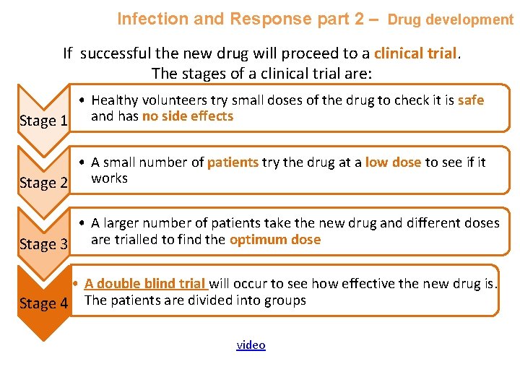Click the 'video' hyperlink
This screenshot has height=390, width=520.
pos(251,345)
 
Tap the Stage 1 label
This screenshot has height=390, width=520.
pos(43,121)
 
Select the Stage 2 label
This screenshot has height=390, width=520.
pos(43,183)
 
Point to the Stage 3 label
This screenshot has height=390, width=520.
pos(43,244)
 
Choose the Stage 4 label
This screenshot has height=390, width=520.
pos(43,303)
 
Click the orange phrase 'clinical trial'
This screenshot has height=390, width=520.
pos(415,53)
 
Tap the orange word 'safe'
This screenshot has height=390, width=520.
pos(470,100)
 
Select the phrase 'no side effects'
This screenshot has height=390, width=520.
pos(188,116)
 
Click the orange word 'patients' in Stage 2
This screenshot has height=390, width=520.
pos(233,162)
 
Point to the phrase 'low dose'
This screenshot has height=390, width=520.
pos(393,162)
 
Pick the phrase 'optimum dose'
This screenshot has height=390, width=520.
pos(274,240)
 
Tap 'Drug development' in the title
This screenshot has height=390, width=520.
pos(450,19)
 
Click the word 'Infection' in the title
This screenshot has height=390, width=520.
pos(149,19)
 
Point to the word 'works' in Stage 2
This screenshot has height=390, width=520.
pos(109,178)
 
